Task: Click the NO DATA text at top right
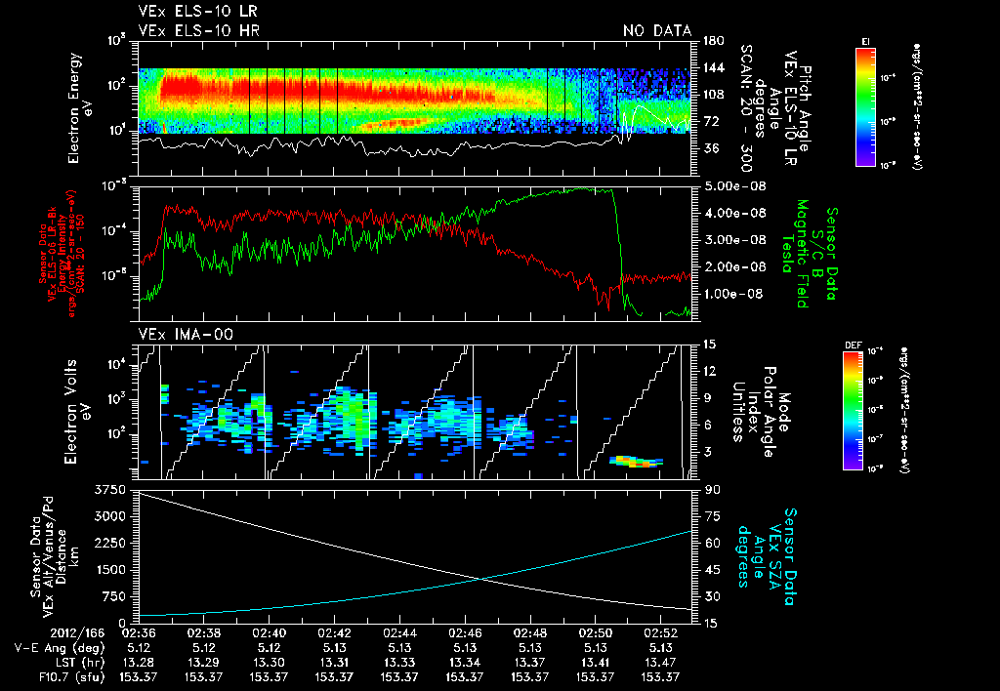[x=656, y=31]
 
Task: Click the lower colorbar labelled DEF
[x=865, y=410]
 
